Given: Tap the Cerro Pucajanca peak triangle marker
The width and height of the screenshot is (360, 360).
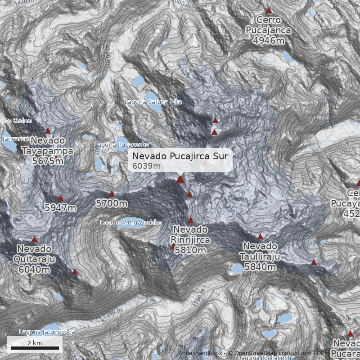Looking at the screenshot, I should [x=269, y=10].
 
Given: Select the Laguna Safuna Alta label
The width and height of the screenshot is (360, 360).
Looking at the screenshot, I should [x=153, y=102].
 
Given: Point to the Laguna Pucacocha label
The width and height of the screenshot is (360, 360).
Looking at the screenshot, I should [x=115, y=145].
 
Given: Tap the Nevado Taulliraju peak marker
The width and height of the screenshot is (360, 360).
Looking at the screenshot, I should [x=260, y=237].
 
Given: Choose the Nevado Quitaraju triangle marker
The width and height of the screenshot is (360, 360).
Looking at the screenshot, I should [x=34, y=239].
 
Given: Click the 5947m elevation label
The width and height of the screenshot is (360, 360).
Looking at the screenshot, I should [x=60, y=208].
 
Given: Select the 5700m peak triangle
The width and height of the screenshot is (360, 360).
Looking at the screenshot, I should [x=112, y=194].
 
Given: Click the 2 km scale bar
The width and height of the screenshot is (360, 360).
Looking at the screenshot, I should [x=35, y=348].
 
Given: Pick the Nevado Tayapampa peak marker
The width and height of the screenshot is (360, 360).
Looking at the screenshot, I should [x=48, y=131].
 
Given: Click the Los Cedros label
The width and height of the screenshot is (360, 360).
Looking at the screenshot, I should [x=17, y=121].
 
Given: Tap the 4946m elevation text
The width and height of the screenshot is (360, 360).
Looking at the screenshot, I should [x=269, y=40].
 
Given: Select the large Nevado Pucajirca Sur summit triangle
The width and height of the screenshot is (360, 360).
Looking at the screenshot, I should [x=180, y=180].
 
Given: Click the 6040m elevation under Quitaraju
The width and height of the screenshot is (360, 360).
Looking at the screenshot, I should [x=34, y=270].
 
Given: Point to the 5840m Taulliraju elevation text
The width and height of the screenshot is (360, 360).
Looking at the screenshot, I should [x=260, y=267].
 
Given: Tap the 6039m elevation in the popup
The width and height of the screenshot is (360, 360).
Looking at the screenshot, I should [x=147, y=166].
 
